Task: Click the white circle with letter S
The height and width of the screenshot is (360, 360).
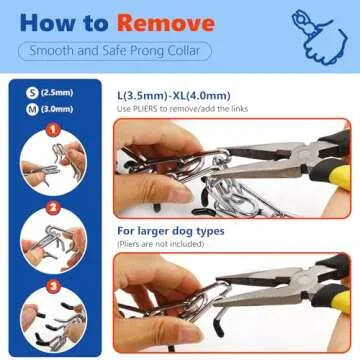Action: pos(23,94)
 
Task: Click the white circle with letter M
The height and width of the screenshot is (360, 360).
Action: pos(23,110)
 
